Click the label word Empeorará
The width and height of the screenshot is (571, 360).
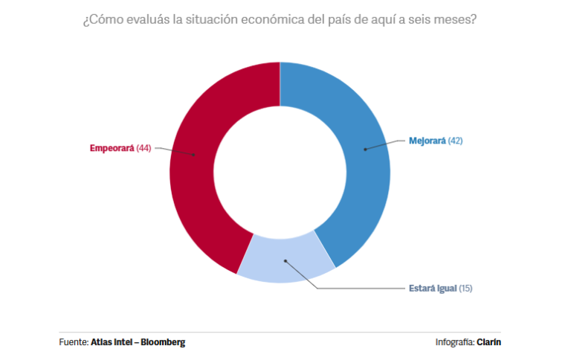112,148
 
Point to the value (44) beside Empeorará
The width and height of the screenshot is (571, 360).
144,148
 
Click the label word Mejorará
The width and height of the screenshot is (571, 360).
428,140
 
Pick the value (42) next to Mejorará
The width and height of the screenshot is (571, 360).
455,140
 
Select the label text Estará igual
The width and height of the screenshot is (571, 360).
433,288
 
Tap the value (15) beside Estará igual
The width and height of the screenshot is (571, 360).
466,288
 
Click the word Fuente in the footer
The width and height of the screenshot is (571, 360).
73,342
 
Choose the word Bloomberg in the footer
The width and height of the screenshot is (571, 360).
164,342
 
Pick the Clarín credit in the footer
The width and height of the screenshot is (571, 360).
488,342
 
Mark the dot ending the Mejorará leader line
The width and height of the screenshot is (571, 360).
365,150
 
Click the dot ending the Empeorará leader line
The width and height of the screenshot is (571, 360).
195,155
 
